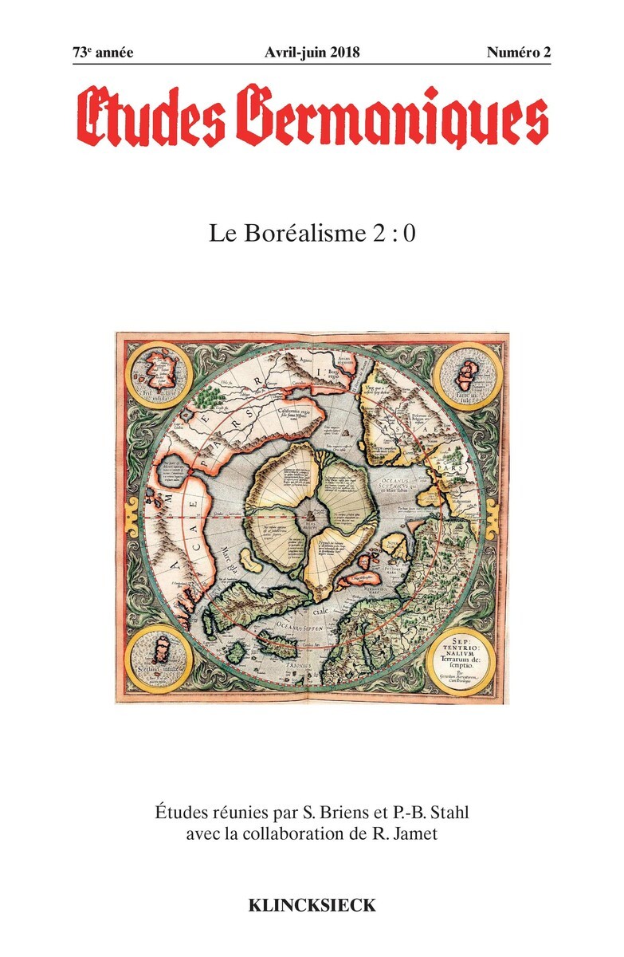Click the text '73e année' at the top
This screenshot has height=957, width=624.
tap(103, 53)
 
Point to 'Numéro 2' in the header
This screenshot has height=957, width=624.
tap(519, 53)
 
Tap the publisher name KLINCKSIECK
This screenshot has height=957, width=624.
tap(312, 905)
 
